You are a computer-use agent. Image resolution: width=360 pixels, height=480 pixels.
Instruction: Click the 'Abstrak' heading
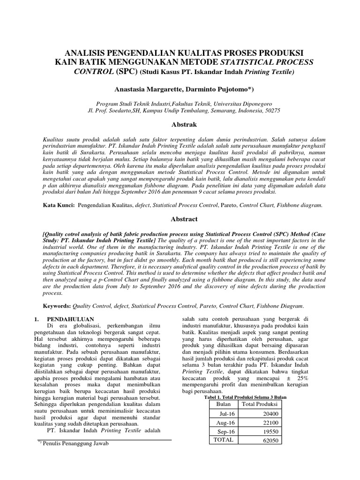click(180, 125)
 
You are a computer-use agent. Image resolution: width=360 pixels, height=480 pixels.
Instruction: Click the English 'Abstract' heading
click(180, 219)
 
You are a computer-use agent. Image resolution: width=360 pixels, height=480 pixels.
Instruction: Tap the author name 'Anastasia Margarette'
click(149, 89)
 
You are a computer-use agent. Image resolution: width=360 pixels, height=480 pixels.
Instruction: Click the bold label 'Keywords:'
click(56, 305)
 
